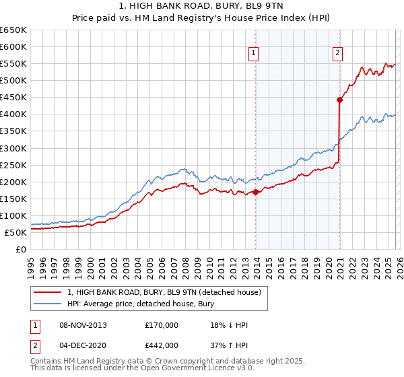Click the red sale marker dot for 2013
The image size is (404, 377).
[256, 192]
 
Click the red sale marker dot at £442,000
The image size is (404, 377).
[340, 100]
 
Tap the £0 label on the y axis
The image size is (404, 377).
[20, 249]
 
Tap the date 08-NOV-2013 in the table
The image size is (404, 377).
[83, 326]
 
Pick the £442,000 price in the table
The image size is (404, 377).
[161, 345]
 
